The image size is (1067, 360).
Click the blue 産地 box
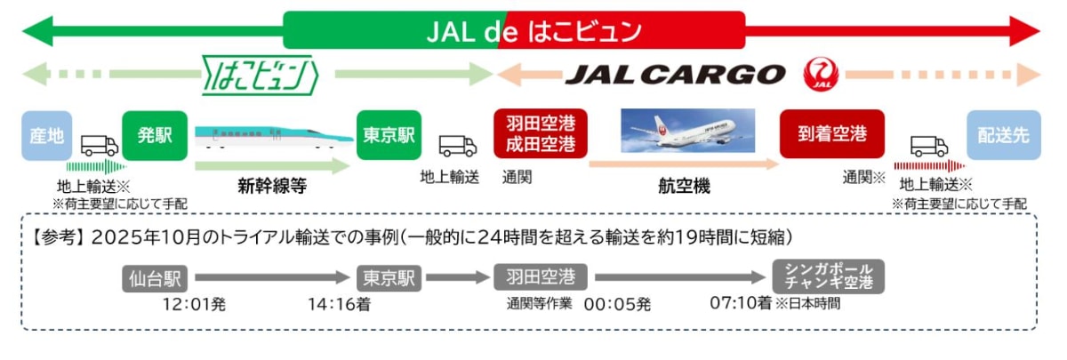click(x=47, y=135)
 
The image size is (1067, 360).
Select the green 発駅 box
click(x=148, y=135)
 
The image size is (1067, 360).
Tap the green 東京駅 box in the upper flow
click(x=389, y=135)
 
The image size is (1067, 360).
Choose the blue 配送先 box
click(x=1003, y=135)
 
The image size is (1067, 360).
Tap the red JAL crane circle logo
click(x=820, y=75)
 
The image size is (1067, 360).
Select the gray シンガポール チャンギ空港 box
click(x=829, y=276)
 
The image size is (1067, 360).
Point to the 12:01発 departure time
click(x=197, y=304)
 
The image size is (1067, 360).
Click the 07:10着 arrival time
click(x=740, y=303)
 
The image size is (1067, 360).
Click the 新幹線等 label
click(x=272, y=187)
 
